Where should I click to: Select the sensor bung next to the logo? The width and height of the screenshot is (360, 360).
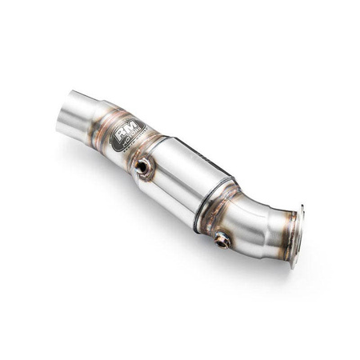[143, 166]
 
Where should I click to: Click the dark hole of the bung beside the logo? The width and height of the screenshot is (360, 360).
[142, 166]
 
